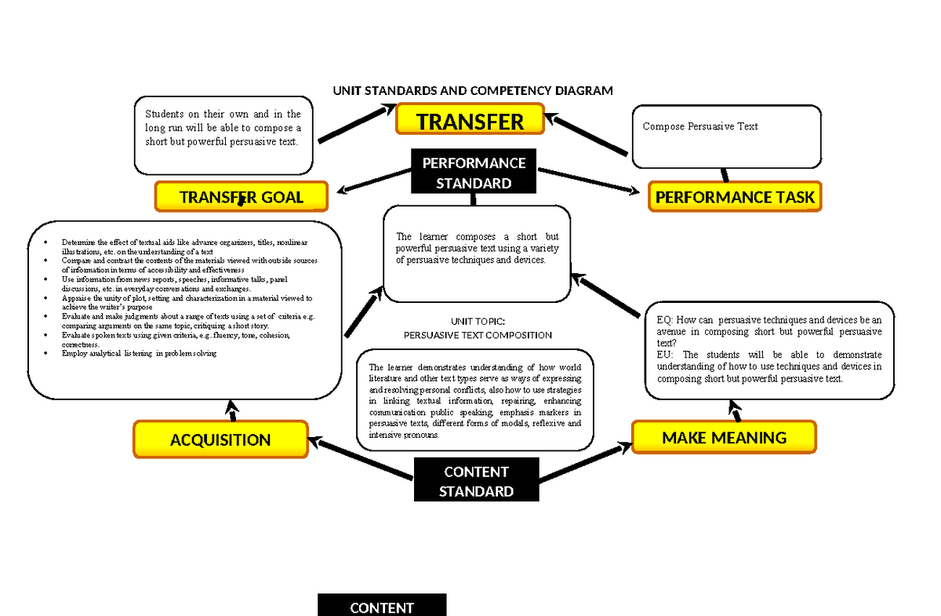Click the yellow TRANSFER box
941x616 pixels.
(470, 121)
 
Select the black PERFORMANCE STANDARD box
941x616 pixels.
(473, 173)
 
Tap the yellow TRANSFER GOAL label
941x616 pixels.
(241, 197)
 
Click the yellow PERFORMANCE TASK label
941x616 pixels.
(734, 197)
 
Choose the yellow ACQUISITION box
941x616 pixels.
(220, 440)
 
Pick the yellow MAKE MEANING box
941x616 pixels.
(723, 437)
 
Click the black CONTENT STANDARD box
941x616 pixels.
(476, 481)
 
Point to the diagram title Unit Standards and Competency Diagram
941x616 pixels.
(472, 91)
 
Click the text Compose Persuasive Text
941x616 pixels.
(699, 126)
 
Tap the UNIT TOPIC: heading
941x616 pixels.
(478, 322)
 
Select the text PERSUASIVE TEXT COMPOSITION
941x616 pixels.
(478, 335)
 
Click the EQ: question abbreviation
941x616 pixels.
(664, 320)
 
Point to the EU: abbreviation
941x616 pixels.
(664, 355)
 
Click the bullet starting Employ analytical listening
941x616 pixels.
(138, 354)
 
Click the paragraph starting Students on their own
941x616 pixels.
(223, 128)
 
